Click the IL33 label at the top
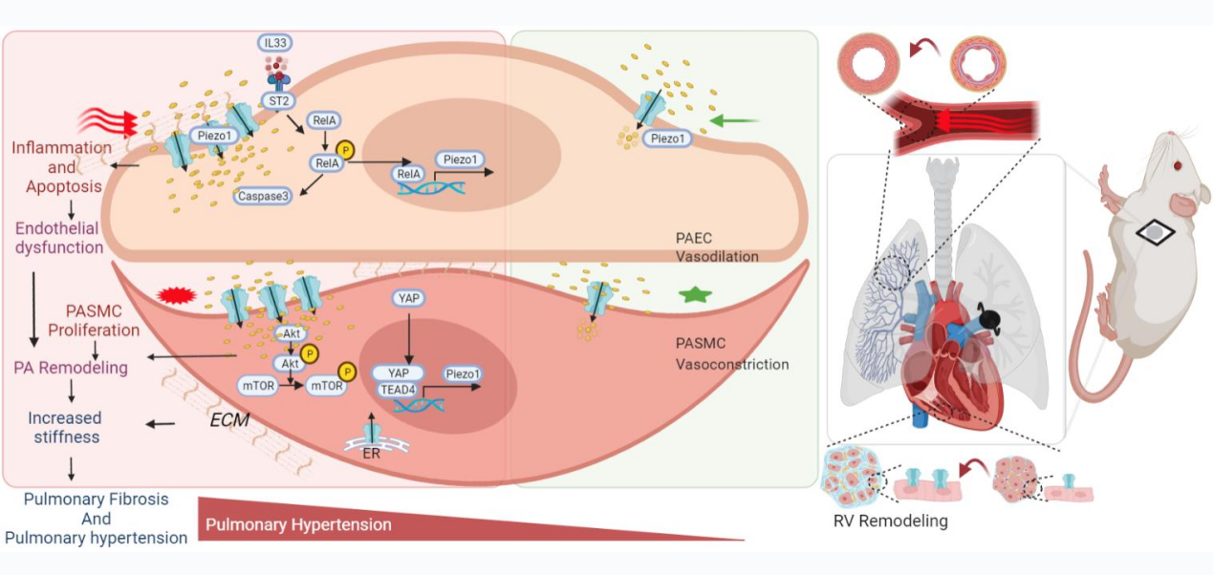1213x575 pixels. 276,43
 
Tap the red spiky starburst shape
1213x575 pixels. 174,293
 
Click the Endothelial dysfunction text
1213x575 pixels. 59,239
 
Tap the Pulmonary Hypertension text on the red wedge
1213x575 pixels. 298,524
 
